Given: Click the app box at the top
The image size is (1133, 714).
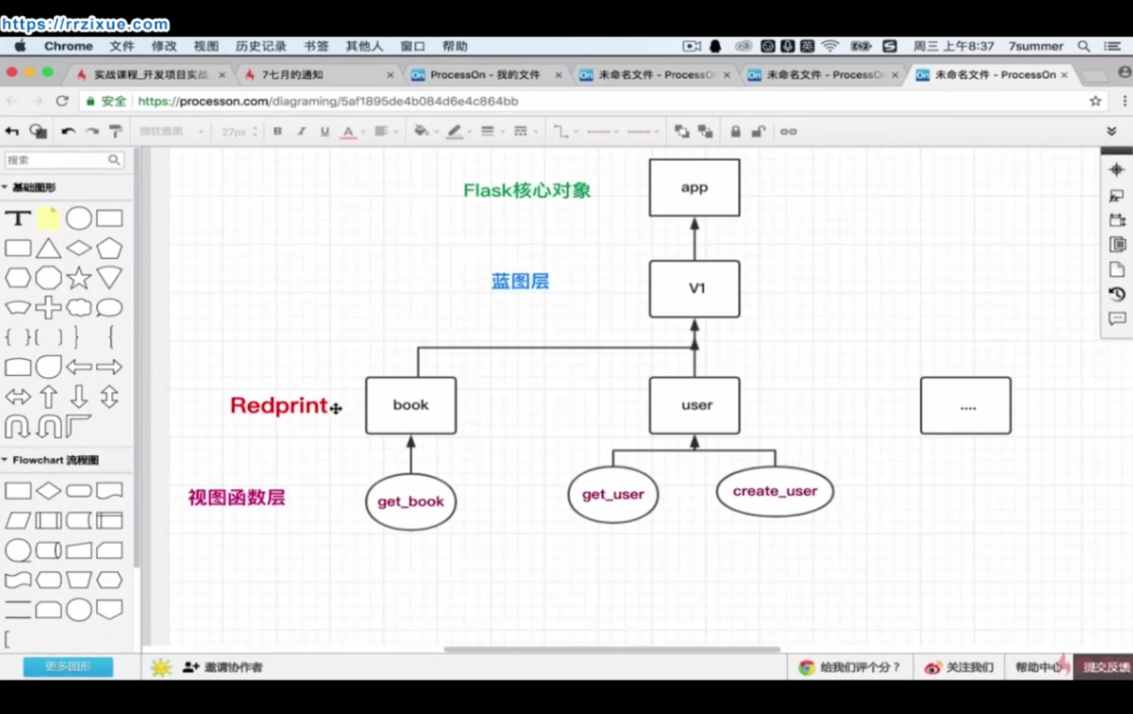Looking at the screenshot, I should (x=694, y=188).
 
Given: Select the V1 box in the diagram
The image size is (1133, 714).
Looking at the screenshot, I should (x=694, y=289).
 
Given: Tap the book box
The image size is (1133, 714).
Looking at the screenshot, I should (x=411, y=405).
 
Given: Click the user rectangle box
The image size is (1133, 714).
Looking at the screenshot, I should (x=694, y=405).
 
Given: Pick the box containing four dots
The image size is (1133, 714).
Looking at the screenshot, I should (x=965, y=406).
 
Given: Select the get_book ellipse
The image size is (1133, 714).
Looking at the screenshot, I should (x=411, y=502).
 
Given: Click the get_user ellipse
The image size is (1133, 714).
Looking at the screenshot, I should (x=612, y=495).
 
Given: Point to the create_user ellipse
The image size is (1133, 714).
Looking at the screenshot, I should (x=775, y=491).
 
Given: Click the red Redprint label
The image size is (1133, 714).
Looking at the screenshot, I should (x=279, y=405).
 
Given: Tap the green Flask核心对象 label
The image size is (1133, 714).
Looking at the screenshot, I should (x=526, y=190).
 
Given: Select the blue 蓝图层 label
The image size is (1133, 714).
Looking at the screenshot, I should (x=520, y=281).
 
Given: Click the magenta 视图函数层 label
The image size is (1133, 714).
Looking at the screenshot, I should (x=236, y=497).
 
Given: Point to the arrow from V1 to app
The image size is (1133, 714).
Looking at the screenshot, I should (x=694, y=239).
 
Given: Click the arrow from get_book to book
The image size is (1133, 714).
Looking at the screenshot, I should (x=411, y=454).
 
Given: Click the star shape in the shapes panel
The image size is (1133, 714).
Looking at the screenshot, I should (x=79, y=278).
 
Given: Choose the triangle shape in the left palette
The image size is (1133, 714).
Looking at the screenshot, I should (x=48, y=249).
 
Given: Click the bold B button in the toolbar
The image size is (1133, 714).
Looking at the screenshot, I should (x=278, y=131).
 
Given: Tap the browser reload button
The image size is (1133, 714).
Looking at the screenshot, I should (x=62, y=101).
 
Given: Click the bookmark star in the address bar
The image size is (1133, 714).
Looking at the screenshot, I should (x=1095, y=101).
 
